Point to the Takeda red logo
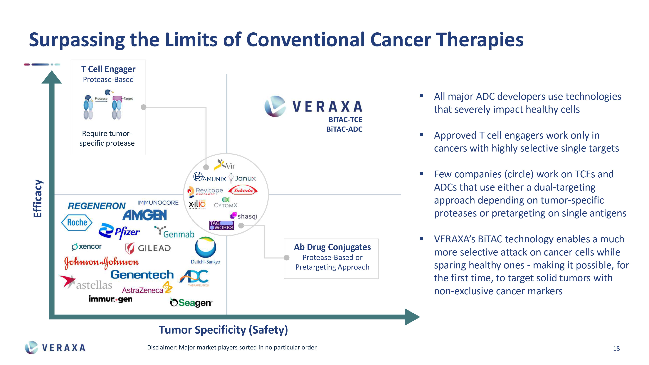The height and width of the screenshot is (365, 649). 243,190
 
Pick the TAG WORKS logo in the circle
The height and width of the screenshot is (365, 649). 221,225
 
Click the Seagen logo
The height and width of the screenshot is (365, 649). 191,302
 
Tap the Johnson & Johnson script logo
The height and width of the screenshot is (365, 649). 101,262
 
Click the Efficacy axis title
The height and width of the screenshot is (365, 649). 38,199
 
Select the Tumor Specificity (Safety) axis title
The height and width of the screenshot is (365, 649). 223,330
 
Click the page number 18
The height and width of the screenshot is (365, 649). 616,348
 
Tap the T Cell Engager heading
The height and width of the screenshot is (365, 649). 108,69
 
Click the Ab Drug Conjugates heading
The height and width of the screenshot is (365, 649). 332,247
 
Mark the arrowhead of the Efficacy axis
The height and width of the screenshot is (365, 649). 52,77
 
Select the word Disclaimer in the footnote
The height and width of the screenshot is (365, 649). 162,348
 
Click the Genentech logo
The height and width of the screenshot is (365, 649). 142,275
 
